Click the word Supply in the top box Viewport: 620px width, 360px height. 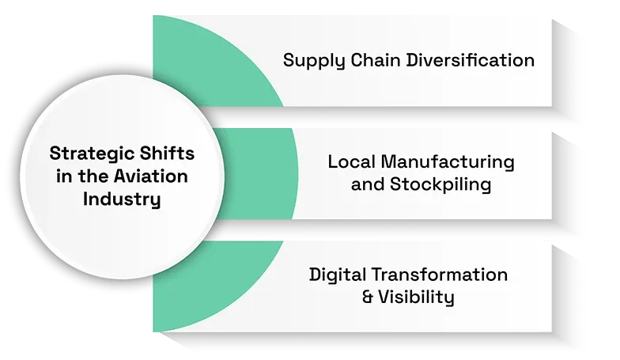click(x=313, y=61)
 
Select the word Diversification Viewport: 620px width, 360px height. click(x=471, y=60)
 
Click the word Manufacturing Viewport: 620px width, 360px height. click(x=448, y=163)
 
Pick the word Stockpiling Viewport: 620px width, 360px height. click(x=440, y=185)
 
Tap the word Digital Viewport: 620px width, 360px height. click(x=337, y=275)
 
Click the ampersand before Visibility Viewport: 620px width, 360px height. click(x=367, y=297)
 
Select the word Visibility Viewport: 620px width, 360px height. click(x=416, y=297)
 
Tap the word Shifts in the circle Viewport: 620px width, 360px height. click(x=168, y=153)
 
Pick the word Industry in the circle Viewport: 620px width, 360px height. click(x=122, y=199)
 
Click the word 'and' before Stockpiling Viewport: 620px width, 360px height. click(x=367, y=185)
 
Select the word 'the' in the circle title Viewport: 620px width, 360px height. click(x=93, y=176)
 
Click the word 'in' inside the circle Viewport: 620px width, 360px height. click(x=63, y=176)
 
